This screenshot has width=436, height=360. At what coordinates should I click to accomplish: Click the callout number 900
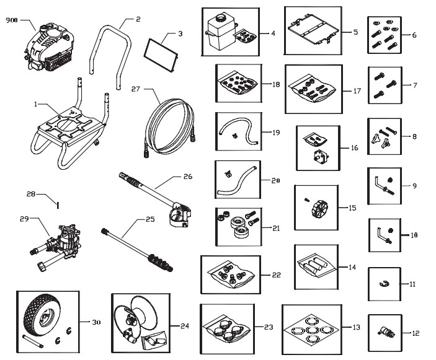coord(12,20)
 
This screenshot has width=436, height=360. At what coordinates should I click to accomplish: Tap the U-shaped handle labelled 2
coord(113,46)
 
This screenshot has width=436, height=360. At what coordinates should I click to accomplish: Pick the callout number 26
coord(188,177)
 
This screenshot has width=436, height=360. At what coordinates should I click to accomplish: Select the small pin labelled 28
coord(56,203)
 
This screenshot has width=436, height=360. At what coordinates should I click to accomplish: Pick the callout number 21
coord(275,228)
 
